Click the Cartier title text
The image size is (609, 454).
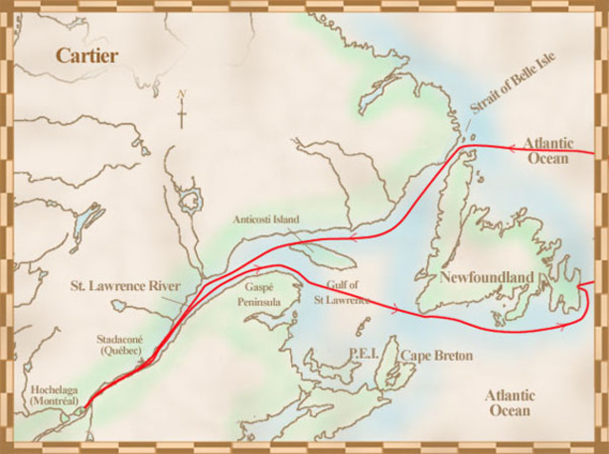(x=87, y=55)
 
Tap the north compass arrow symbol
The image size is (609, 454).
(x=181, y=110)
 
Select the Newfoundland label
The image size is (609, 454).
(x=485, y=277)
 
